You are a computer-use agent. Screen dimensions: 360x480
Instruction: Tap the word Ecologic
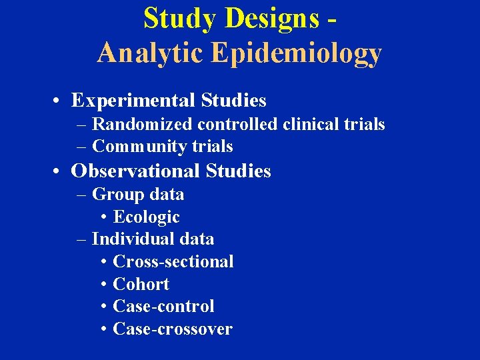147,217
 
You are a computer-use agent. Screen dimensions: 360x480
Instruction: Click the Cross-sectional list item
173,261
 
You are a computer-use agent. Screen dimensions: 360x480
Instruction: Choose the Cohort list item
141,284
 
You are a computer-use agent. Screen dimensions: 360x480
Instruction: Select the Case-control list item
164,307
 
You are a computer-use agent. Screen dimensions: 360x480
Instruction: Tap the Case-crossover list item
173,329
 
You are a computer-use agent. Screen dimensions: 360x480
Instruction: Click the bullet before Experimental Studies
59,101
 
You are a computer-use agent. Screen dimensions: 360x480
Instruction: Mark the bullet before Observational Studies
59,172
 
